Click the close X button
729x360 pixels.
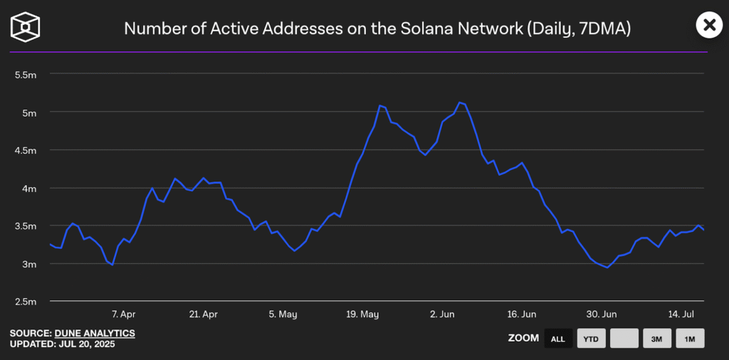[708, 26]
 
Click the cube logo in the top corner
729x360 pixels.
[25, 27]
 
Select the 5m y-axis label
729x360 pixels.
[30, 112]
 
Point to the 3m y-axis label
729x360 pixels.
[30, 264]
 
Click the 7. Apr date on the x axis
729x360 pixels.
[123, 314]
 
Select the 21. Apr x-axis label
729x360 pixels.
[204, 314]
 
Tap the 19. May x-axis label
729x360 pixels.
[363, 314]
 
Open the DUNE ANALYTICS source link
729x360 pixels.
[95, 333]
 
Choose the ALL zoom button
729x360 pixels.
[558, 339]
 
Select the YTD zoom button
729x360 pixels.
[591, 339]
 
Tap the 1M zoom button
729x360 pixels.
[690, 339]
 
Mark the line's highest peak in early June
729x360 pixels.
[460, 102]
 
